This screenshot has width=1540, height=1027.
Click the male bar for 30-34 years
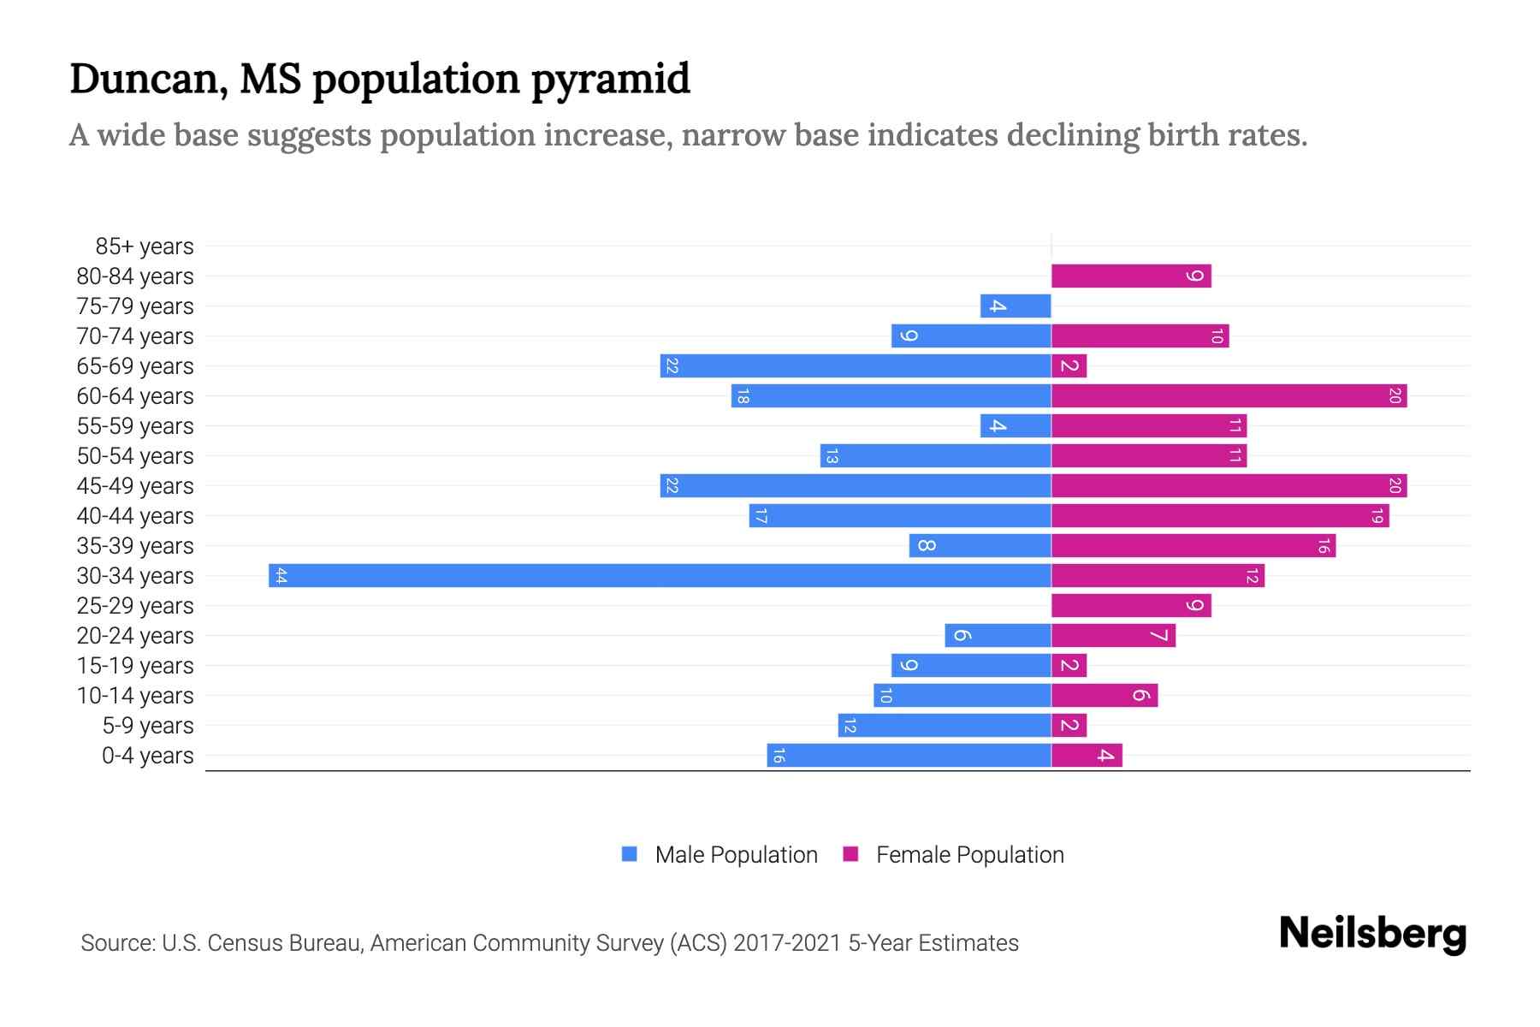[x=659, y=575]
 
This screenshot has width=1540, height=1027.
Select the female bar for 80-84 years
[x=1130, y=276]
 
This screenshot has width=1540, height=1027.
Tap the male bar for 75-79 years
[x=1016, y=306]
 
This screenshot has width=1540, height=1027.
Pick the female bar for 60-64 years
[x=1229, y=395]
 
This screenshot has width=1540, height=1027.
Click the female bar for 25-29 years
[x=1130, y=605]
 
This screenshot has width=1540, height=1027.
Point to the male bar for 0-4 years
[x=909, y=755]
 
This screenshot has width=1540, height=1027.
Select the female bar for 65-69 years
[x=1069, y=365]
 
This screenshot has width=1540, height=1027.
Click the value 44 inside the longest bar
[x=281, y=575]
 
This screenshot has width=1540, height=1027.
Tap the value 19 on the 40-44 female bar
[x=1377, y=515]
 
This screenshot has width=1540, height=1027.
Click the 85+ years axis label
[x=145, y=246]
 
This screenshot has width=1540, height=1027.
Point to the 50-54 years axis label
[x=135, y=456]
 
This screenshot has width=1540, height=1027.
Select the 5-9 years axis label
[x=148, y=726]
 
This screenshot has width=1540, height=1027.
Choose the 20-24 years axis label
[x=135, y=636]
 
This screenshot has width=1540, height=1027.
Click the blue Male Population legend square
[x=630, y=854]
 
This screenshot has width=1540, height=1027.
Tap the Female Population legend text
[x=969, y=854]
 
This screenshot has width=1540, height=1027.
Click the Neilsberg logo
[x=1372, y=934]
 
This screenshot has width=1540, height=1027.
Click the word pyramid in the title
[x=610, y=80]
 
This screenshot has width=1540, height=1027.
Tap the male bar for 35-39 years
[x=980, y=545]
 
